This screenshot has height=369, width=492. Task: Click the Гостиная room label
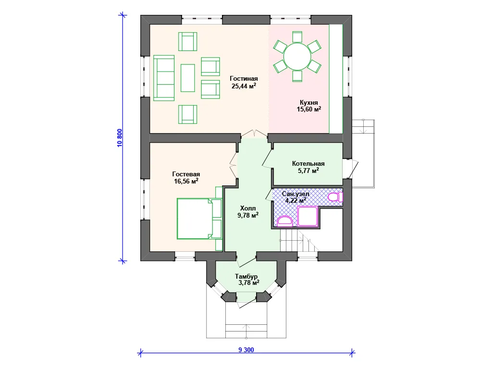tap(244, 79)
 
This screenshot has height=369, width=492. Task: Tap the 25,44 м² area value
tap(244, 86)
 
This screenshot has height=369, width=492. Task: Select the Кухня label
tap(309, 103)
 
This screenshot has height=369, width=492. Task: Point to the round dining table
tap(297, 57)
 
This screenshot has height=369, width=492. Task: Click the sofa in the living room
tap(164, 78)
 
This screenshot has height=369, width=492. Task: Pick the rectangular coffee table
tap(188, 78)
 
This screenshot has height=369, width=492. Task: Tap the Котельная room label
tap(308, 164)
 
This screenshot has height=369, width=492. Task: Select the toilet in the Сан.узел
tap(335, 197)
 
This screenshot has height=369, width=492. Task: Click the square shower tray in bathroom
tap(307, 216)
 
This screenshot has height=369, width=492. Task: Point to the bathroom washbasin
tap(285, 221)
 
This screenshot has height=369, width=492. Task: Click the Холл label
tap(248, 209)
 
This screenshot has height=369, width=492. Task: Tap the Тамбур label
tap(246, 276)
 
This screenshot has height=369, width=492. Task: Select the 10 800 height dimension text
tap(120, 138)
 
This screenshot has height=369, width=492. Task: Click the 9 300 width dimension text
tap(246, 350)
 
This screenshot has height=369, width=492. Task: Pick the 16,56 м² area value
tap(186, 181)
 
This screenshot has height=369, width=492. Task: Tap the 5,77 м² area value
tap(308, 171)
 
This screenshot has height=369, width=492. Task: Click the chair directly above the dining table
tap(297, 37)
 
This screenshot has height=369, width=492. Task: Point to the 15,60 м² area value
tap(309, 109)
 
